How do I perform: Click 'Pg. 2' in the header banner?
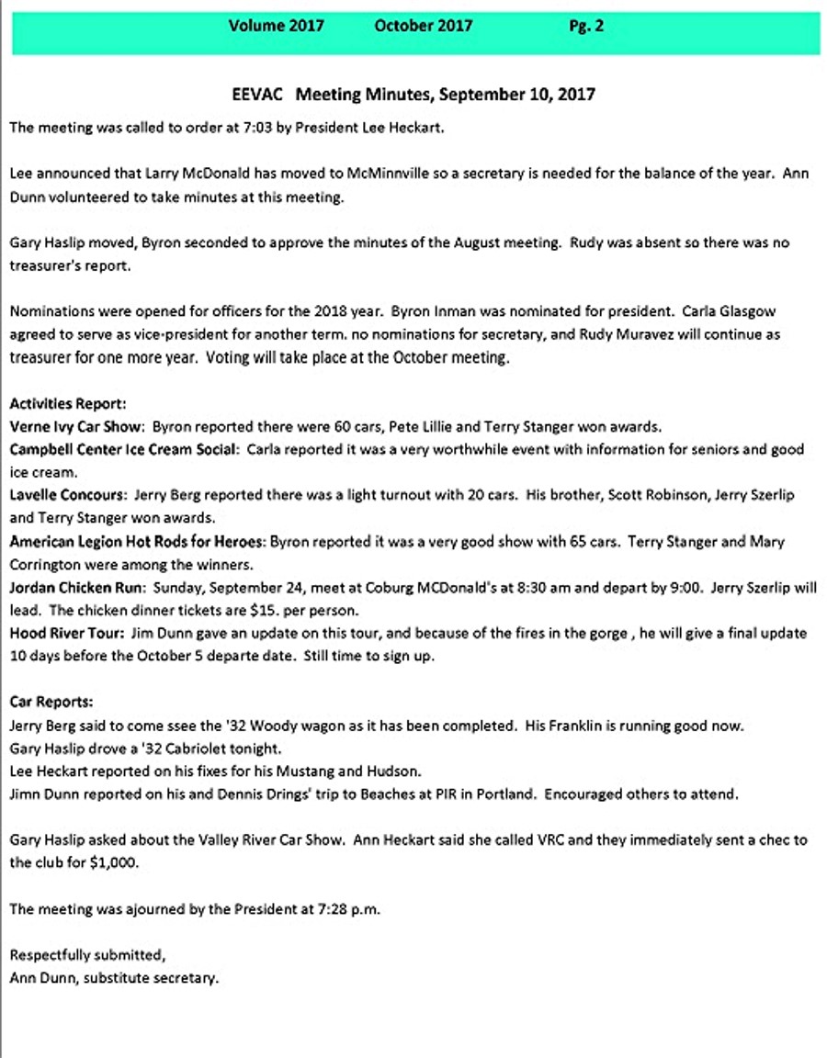pyautogui.click(x=586, y=27)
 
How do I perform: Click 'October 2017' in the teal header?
pyautogui.click(x=424, y=27)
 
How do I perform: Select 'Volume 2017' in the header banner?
pyautogui.click(x=276, y=27)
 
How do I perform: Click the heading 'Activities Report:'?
pyautogui.click(x=68, y=403)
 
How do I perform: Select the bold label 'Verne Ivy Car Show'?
pyautogui.click(x=76, y=426)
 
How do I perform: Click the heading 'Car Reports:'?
pyautogui.click(x=51, y=702)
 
